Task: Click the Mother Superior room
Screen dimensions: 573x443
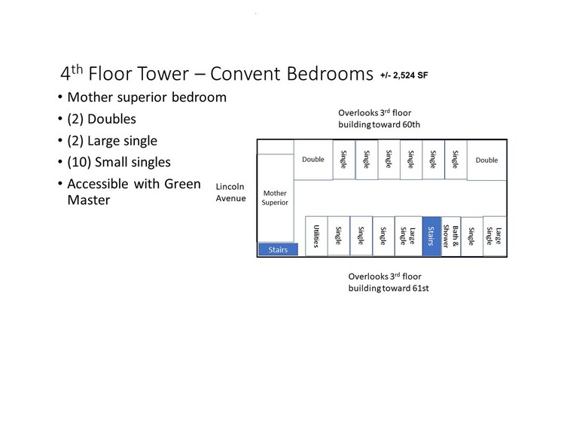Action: pyautogui.click(x=275, y=197)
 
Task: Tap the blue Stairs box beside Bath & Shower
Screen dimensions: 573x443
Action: pyautogui.click(x=431, y=236)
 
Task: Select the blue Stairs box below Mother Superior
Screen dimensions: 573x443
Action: pyautogui.click(x=278, y=249)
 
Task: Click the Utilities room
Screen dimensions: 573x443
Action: pyautogui.click(x=316, y=236)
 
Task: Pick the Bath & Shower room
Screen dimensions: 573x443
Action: pyautogui.click(x=451, y=236)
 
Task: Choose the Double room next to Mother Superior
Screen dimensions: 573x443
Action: pyautogui.click(x=313, y=160)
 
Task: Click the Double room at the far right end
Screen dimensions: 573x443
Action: pyautogui.click(x=486, y=160)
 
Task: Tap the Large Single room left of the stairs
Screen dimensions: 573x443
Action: pyautogui.click(x=409, y=236)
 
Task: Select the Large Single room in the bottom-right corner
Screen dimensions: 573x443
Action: pyautogui.click(x=495, y=236)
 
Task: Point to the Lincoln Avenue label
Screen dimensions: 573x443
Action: pyautogui.click(x=230, y=192)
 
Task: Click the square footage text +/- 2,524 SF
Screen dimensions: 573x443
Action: pyautogui.click(x=404, y=75)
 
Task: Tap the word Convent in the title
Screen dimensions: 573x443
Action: pyautogui.click(x=245, y=74)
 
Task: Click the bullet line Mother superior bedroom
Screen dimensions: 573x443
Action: pyautogui.click(x=147, y=97)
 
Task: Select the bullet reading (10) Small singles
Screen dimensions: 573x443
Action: pyautogui.click(x=119, y=162)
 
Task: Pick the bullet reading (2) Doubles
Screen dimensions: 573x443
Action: pyautogui.click(x=102, y=119)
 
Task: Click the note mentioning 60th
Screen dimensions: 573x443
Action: pyautogui.click(x=379, y=118)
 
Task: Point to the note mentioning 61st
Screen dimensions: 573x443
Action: pyautogui.click(x=389, y=283)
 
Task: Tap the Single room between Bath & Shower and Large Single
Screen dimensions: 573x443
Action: pyautogui.click(x=472, y=236)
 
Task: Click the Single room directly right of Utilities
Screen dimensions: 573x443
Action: pyautogui.click(x=339, y=236)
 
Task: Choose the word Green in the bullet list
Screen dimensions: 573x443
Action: pyautogui.click(x=182, y=184)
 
